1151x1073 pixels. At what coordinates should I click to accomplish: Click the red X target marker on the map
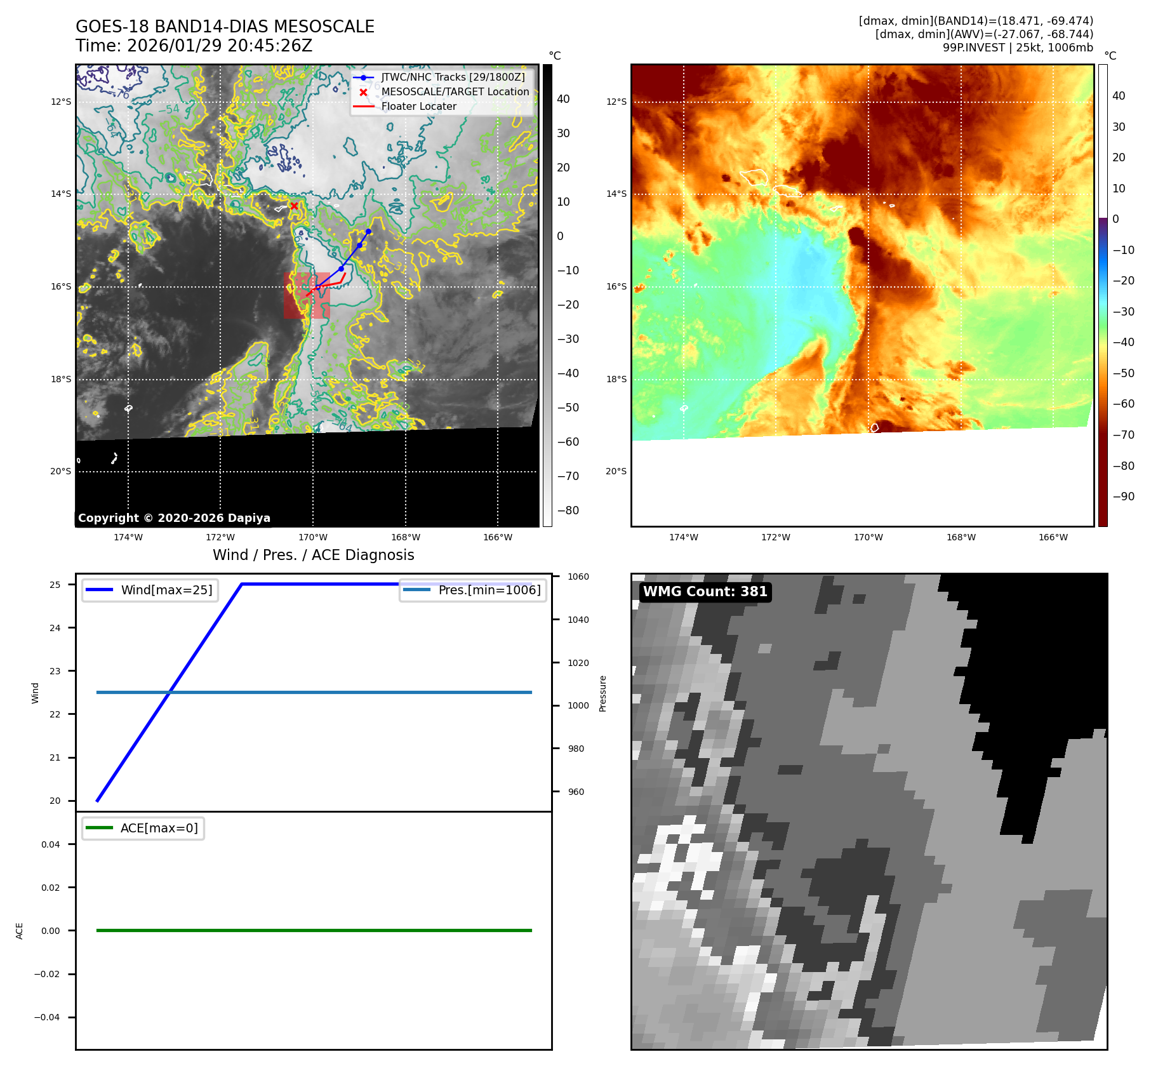pyautogui.click(x=294, y=206)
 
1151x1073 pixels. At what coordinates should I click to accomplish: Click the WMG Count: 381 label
pyautogui.click(x=705, y=592)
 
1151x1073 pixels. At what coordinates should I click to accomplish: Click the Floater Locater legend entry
pyautogui.click(x=418, y=107)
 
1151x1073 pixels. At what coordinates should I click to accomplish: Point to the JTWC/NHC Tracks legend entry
pyautogui.click(x=453, y=77)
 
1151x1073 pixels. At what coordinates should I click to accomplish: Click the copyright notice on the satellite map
pyautogui.click(x=174, y=518)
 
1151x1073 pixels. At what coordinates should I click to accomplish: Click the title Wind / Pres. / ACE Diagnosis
pyautogui.click(x=313, y=555)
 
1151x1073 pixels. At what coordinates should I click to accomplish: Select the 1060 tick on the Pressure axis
pyautogui.click(x=578, y=576)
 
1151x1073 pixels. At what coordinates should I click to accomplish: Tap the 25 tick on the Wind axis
pyautogui.click(x=55, y=585)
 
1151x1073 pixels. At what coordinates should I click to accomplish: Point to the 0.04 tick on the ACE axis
pyautogui.click(x=51, y=844)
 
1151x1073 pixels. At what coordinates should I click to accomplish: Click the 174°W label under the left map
pyautogui.click(x=128, y=537)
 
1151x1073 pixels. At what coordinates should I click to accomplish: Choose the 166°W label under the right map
pyautogui.click(x=1053, y=537)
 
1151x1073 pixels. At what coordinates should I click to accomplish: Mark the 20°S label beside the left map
pyautogui.click(x=61, y=471)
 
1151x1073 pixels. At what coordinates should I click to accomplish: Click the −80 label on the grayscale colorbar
pyautogui.click(x=568, y=510)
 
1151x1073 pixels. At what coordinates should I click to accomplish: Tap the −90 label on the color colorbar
pyautogui.click(x=1123, y=497)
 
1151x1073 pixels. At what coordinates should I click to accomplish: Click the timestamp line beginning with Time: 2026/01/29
pyautogui.click(x=194, y=46)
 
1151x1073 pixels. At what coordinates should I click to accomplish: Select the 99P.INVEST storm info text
pyautogui.click(x=1017, y=48)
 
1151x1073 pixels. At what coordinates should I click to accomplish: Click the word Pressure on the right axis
pyautogui.click(x=602, y=693)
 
